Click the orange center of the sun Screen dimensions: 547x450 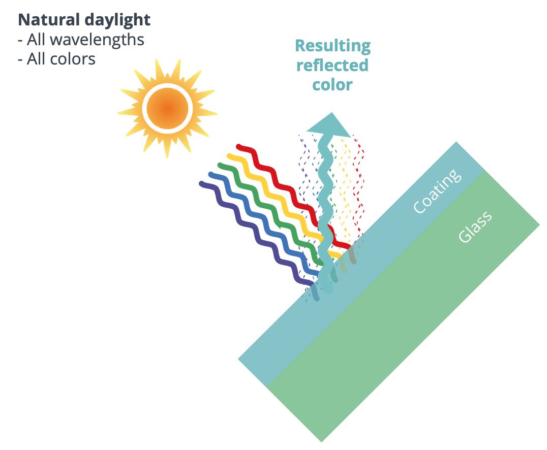[x=167, y=108]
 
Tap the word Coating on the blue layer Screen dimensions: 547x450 [x=438, y=190]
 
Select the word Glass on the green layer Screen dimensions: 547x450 [x=475, y=227]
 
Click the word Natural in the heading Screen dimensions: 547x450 [x=49, y=20]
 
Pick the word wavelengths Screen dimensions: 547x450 [x=97, y=40]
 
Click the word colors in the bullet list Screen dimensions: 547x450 [x=73, y=59]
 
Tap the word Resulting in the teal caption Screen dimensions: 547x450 [x=333, y=46]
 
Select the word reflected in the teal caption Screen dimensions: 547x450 [x=332, y=65]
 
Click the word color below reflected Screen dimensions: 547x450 [x=332, y=85]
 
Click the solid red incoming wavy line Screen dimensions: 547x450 [x=293, y=195]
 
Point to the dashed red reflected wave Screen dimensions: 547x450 [x=358, y=188]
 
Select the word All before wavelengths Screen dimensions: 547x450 [x=37, y=40]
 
